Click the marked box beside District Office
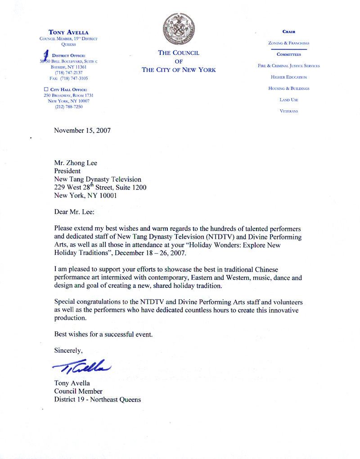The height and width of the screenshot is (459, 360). point(46,55)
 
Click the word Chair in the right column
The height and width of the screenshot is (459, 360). point(288,32)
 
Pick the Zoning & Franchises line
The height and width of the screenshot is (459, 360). point(288,43)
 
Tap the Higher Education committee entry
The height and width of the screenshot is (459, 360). point(288,77)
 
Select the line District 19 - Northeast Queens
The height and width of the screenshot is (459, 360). point(97,400)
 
